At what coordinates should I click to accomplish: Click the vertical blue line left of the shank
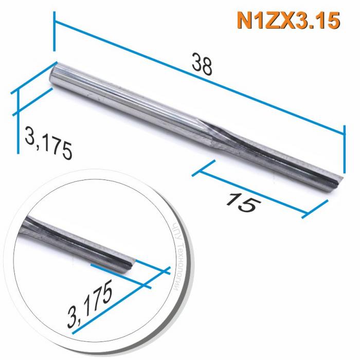19,121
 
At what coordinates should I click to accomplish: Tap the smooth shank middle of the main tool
129,98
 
